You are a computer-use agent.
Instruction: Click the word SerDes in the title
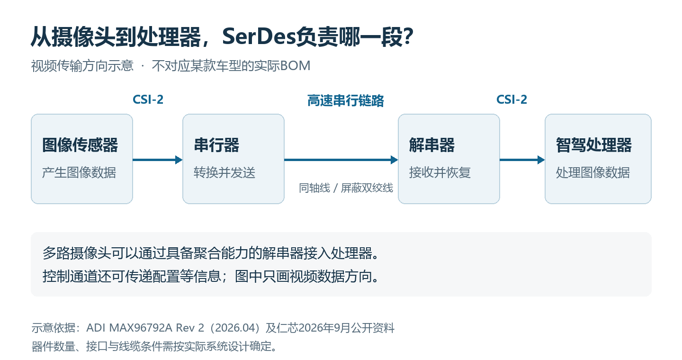click(x=259, y=36)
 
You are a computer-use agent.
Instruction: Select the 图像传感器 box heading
click(x=80, y=145)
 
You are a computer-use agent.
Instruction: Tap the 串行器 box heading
click(x=216, y=145)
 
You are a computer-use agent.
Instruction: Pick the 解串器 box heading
click(x=432, y=145)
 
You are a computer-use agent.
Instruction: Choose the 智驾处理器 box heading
click(x=594, y=145)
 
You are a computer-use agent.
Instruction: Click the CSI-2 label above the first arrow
click(x=148, y=99)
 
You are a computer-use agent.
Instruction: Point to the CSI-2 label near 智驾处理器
click(x=511, y=99)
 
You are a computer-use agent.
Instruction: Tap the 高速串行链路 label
click(x=346, y=100)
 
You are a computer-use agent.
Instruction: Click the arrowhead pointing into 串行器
click(x=179, y=160)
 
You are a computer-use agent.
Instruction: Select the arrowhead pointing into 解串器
click(x=394, y=160)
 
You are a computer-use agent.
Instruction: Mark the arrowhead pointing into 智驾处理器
click(x=541, y=160)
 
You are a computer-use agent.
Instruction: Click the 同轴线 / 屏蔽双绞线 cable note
click(x=346, y=188)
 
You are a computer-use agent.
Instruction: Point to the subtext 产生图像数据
click(x=79, y=173)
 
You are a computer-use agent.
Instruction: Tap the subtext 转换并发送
click(x=224, y=173)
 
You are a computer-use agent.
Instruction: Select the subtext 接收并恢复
click(x=440, y=173)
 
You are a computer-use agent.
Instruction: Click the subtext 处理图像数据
click(x=593, y=173)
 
